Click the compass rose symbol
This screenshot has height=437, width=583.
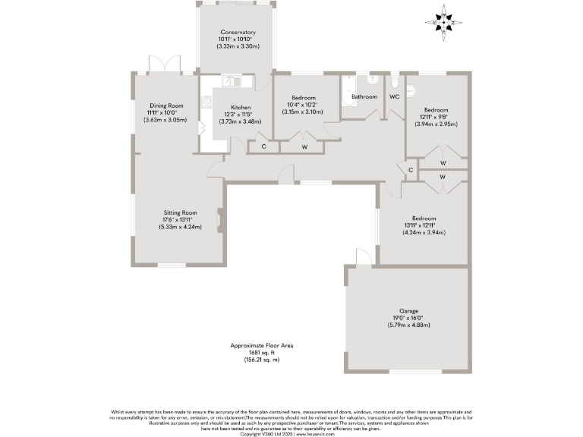pos(444,22)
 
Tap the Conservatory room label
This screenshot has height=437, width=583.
pos(238,33)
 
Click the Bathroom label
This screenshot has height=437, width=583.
pos(364,97)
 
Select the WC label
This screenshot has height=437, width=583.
pos(394,97)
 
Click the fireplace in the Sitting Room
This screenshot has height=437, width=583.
pos(219,220)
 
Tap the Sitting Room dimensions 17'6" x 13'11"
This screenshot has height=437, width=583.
pos(180,220)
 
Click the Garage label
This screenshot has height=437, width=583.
pos(411,310)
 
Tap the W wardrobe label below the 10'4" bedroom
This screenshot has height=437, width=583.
pos(304,146)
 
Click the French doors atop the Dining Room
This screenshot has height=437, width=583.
pos(164,66)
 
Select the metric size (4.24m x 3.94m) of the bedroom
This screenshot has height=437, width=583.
pos(424,232)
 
